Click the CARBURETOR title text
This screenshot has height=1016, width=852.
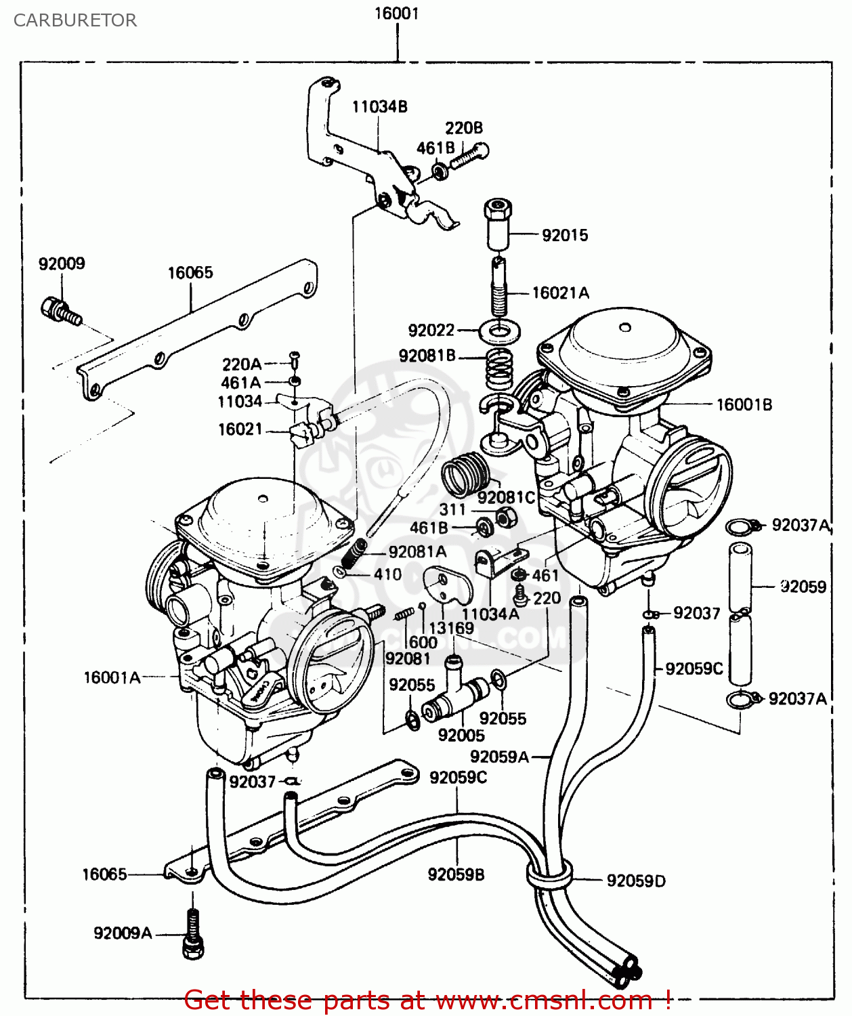[x=75, y=20]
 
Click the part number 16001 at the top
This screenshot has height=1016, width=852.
[x=397, y=14]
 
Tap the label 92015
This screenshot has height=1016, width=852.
[x=565, y=235]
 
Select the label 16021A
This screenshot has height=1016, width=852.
[x=560, y=293]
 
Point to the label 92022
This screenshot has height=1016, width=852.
[x=431, y=330]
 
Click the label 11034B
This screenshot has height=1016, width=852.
[x=379, y=106]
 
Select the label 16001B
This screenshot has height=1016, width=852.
[x=744, y=404]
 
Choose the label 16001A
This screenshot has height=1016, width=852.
[x=112, y=677]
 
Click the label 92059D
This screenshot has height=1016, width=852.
[x=636, y=881]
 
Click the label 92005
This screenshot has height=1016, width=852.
[x=461, y=735]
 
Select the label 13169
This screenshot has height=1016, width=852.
[x=451, y=628]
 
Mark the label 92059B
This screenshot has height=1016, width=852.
[x=456, y=874]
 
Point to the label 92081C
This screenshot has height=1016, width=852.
[x=506, y=497]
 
